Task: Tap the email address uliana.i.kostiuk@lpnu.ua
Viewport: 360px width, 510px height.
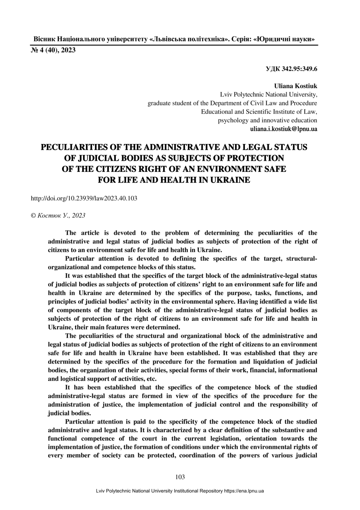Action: [283, 129]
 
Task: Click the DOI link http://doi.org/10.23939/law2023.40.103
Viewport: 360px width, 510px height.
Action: [84, 198]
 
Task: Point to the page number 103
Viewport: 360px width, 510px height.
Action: [180, 477]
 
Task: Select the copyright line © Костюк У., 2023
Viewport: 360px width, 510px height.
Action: [58, 215]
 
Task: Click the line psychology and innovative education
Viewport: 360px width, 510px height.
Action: [267, 121]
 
